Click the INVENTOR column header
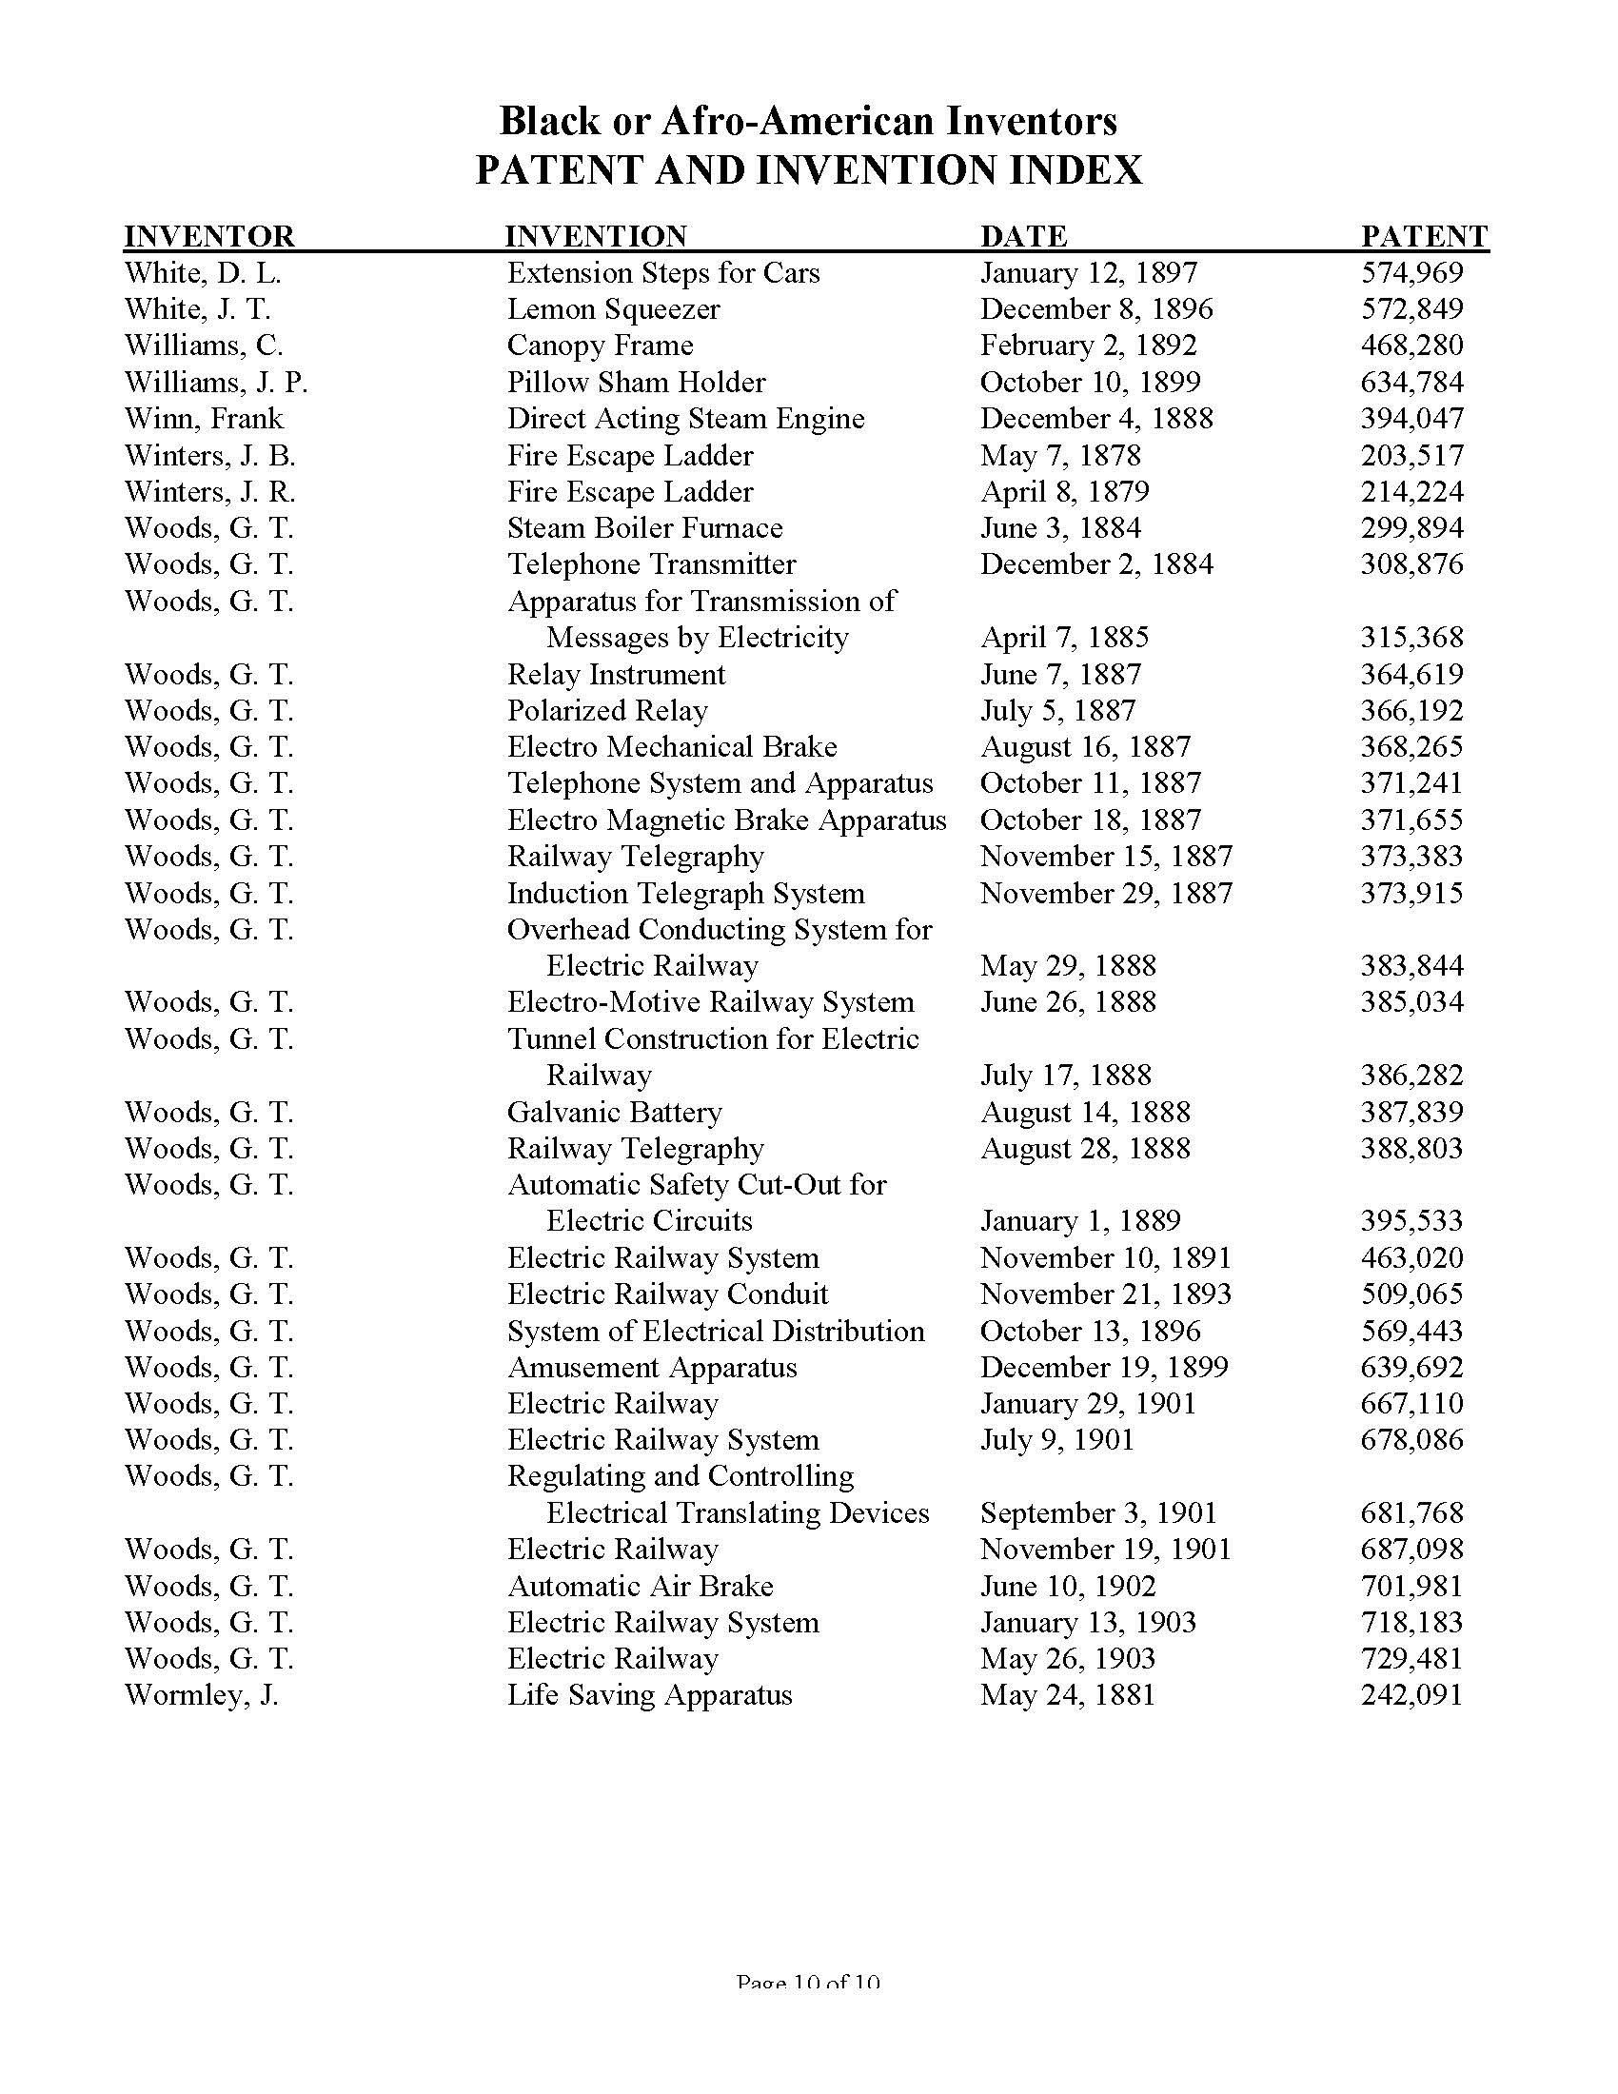click(209, 236)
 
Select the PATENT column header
click(1425, 236)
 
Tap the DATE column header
click(1023, 236)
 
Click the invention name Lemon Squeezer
click(613, 309)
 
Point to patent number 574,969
click(1411, 273)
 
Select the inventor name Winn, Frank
click(205, 419)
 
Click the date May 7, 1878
click(1060, 455)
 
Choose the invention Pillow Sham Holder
click(636, 383)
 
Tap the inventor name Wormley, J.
click(201, 1695)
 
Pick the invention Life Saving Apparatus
click(649, 1695)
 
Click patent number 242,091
click(1411, 1695)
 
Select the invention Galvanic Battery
click(614, 1112)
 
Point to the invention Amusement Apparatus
click(652, 1367)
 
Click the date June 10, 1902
click(1068, 1586)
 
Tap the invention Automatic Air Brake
click(640, 1586)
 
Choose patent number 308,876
click(1411, 564)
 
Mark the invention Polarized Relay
click(607, 711)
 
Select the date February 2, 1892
click(1088, 346)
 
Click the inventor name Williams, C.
click(204, 346)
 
